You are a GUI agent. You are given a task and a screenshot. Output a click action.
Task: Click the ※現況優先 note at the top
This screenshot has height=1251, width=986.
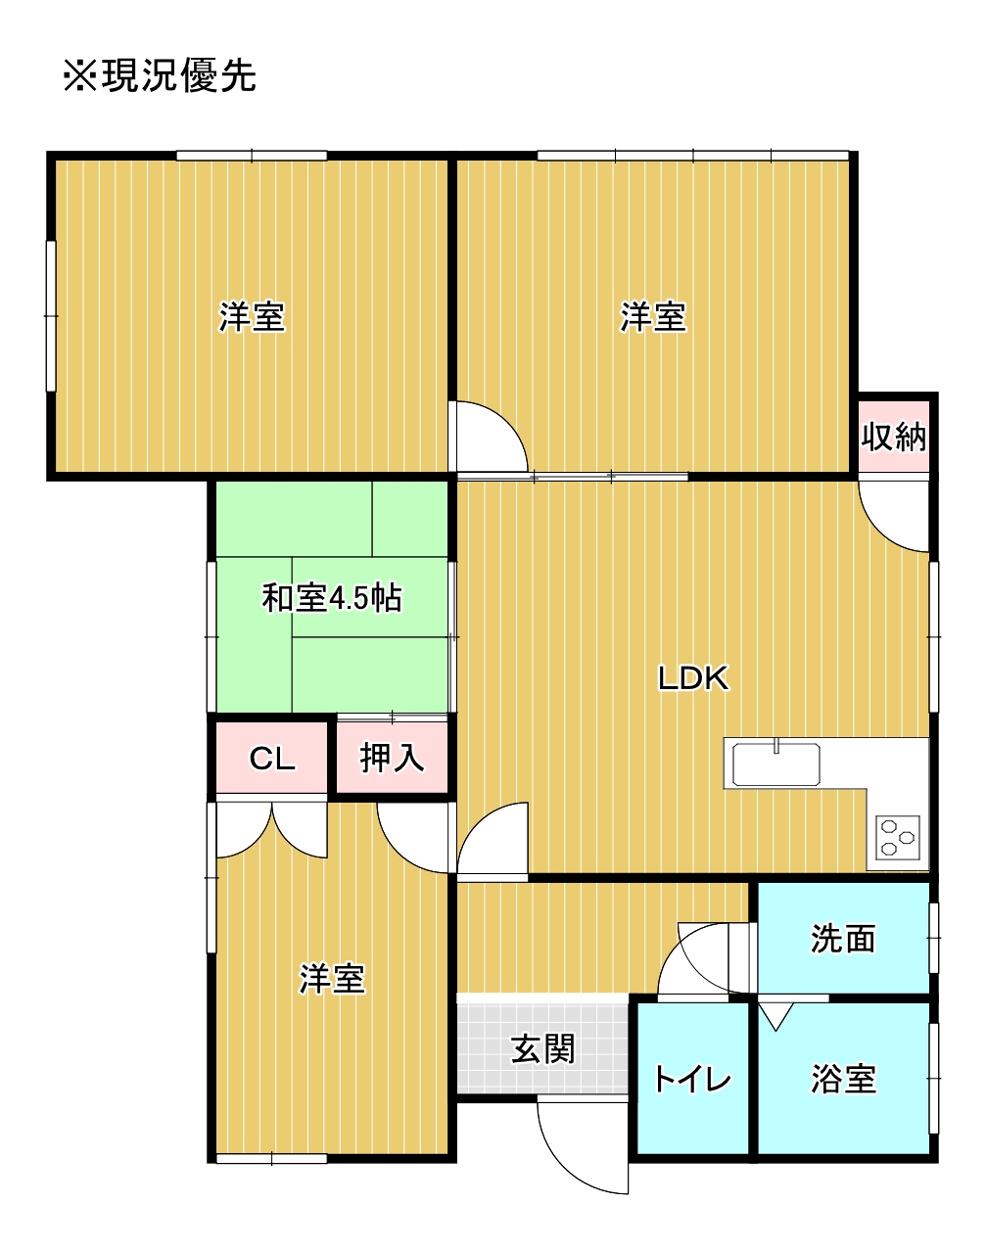[x=160, y=75]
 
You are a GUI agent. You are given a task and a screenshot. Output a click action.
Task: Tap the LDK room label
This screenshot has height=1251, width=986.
[x=693, y=677]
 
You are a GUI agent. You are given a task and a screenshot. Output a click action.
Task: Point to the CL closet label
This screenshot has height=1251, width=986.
[x=272, y=758]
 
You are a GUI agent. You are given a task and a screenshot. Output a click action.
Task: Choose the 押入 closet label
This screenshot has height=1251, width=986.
[x=392, y=758]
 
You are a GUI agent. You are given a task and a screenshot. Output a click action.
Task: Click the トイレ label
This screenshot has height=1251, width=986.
[x=692, y=1079]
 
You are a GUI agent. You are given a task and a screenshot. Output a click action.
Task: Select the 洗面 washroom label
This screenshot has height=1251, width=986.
[x=843, y=938]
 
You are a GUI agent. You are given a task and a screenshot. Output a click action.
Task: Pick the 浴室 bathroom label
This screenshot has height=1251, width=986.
[x=843, y=1079]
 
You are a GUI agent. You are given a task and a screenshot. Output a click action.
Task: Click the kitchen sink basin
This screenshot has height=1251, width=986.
[x=776, y=764]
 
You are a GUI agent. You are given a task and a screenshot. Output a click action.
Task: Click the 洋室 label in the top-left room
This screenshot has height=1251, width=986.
[x=252, y=317]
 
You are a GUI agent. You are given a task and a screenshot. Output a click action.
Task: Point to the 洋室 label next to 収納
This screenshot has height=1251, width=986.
[x=653, y=317]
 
